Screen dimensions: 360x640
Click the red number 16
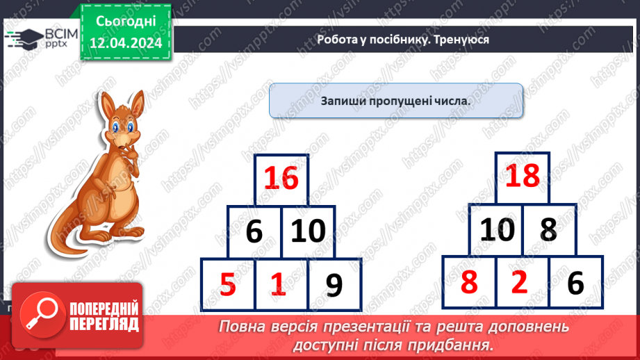pos(281,179)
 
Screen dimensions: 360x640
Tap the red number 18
pos(522,177)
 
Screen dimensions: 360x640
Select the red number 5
pos(228,284)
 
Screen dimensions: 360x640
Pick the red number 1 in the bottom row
pos(278,284)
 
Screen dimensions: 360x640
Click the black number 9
pos(334,284)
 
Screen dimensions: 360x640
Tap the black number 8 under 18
pos(548,229)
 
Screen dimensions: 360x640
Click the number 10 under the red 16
pos(307,231)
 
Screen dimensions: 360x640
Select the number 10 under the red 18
pos(496,229)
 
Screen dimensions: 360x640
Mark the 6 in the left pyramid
pos(254,231)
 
